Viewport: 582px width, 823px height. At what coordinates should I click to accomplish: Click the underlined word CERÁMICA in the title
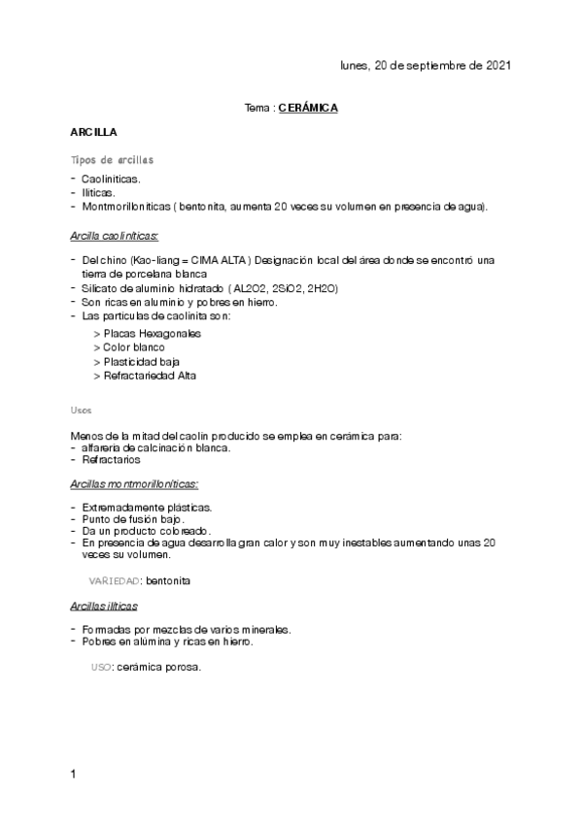(x=308, y=109)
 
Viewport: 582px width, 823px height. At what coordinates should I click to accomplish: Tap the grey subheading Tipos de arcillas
(x=112, y=158)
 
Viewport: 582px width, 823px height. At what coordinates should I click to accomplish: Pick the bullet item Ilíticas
(x=99, y=193)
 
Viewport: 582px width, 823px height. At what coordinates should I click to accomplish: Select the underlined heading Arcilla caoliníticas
(x=115, y=235)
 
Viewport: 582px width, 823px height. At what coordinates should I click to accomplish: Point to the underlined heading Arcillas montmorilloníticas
(x=135, y=483)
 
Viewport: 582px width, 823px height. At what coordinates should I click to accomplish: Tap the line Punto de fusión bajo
(x=134, y=519)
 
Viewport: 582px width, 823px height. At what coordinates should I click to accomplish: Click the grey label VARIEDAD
(x=115, y=580)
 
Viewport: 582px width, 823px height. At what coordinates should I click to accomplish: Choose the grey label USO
(x=100, y=668)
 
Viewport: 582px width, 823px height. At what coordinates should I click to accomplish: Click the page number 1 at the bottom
(x=74, y=774)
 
